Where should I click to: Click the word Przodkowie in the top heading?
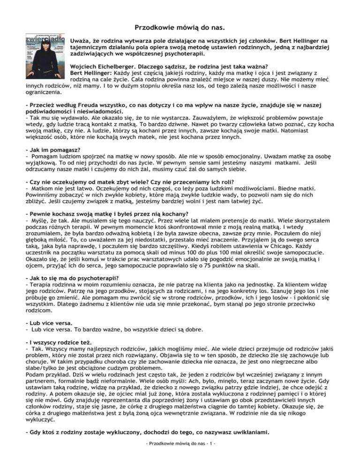click(149, 28)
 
